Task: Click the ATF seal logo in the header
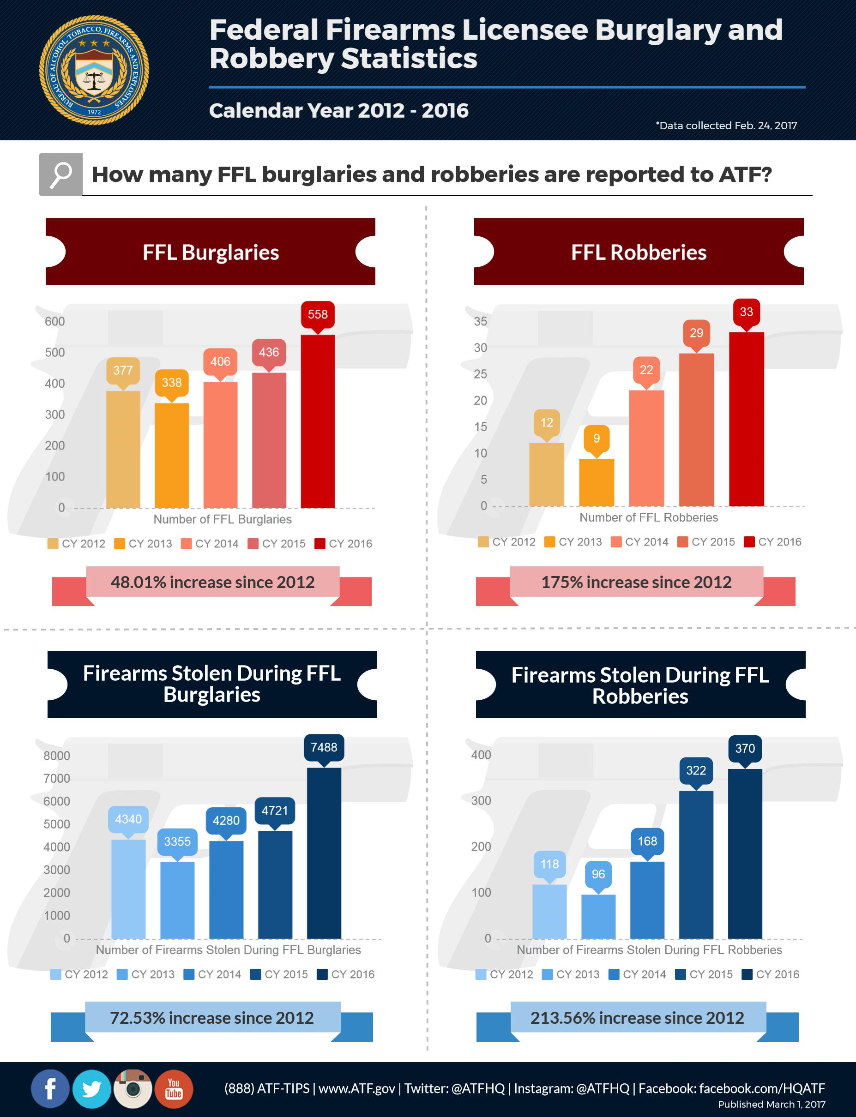click(94, 70)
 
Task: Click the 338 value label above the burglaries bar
click(171, 383)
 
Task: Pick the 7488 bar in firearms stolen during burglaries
click(324, 853)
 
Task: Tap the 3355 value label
click(177, 841)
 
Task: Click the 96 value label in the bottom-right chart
click(598, 875)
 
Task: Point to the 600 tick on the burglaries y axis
click(54, 321)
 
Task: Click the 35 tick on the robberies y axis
click(480, 321)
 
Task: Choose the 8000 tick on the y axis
click(56, 756)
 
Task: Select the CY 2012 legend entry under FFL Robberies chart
click(507, 542)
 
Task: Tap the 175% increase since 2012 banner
click(636, 582)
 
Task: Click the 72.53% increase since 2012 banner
click(212, 1018)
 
